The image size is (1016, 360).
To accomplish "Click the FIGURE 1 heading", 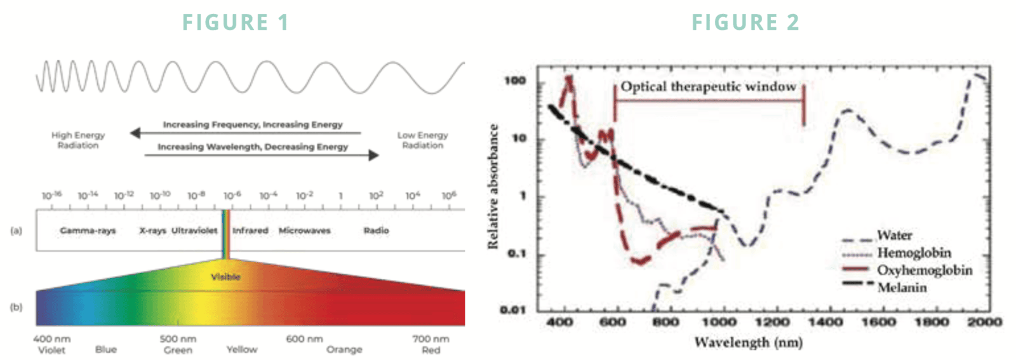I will click(x=236, y=22).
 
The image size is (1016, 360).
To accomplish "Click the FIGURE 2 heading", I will click(x=745, y=22).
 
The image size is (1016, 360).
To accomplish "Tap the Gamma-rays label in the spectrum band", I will click(x=88, y=230).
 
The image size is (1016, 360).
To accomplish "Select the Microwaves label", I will click(x=304, y=230).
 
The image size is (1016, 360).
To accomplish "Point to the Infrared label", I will click(x=250, y=230).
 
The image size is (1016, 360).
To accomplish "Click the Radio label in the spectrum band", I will click(x=376, y=230).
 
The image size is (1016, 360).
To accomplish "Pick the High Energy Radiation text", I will click(x=78, y=140).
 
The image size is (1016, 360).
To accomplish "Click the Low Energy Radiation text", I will click(x=422, y=140).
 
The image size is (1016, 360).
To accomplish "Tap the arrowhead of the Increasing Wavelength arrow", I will click(x=374, y=155).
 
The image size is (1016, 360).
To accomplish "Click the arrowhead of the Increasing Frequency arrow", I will click(x=135, y=133).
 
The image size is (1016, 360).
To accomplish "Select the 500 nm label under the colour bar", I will click(x=178, y=339).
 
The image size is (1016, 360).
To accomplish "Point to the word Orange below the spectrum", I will click(x=344, y=350).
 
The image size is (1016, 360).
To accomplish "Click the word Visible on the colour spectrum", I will click(x=225, y=277).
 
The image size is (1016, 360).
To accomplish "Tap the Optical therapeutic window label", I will click(x=708, y=86).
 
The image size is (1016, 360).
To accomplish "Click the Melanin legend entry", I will click(x=902, y=288).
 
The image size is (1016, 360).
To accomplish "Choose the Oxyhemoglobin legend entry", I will click(x=924, y=270).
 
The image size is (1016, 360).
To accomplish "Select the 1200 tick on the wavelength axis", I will click(x=772, y=323).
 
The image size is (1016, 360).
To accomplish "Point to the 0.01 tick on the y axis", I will click(x=513, y=310).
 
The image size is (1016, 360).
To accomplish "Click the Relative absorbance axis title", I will click(x=493, y=186).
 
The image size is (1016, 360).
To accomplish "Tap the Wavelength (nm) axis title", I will click(x=748, y=343).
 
